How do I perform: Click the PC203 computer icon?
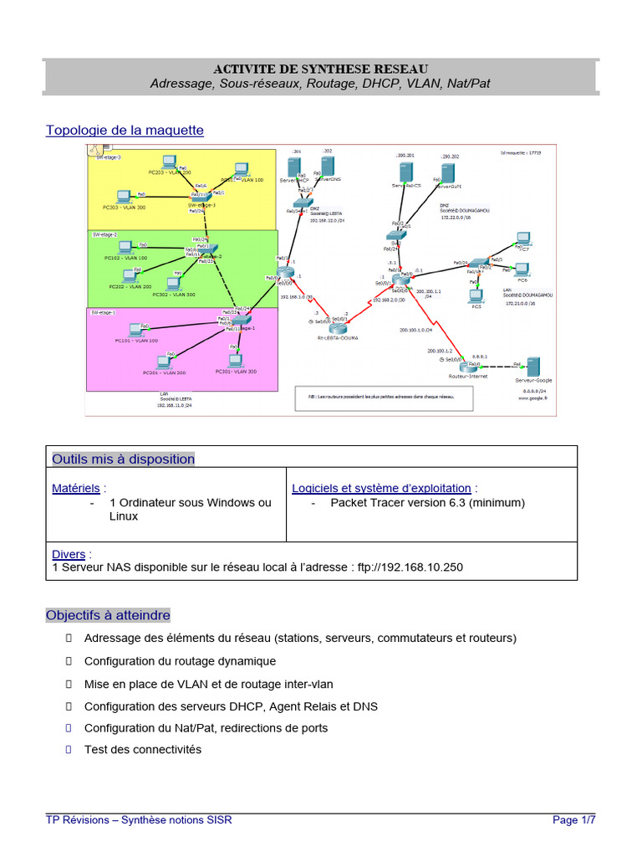tap(169, 161)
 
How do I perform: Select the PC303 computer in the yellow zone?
tap(125, 197)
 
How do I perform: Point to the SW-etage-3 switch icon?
tap(201, 197)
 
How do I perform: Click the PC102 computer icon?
tap(125, 247)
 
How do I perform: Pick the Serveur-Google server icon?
tap(532, 366)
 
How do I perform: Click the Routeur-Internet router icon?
tap(466, 367)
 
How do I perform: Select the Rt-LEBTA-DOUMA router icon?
tap(338, 324)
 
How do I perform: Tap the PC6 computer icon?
tap(522, 269)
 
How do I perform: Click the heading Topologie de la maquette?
tap(125, 130)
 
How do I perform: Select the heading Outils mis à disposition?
tap(123, 459)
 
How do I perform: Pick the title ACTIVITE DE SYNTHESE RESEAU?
tap(320, 69)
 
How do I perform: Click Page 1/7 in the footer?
tap(574, 819)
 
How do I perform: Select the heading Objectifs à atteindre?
tap(108, 615)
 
